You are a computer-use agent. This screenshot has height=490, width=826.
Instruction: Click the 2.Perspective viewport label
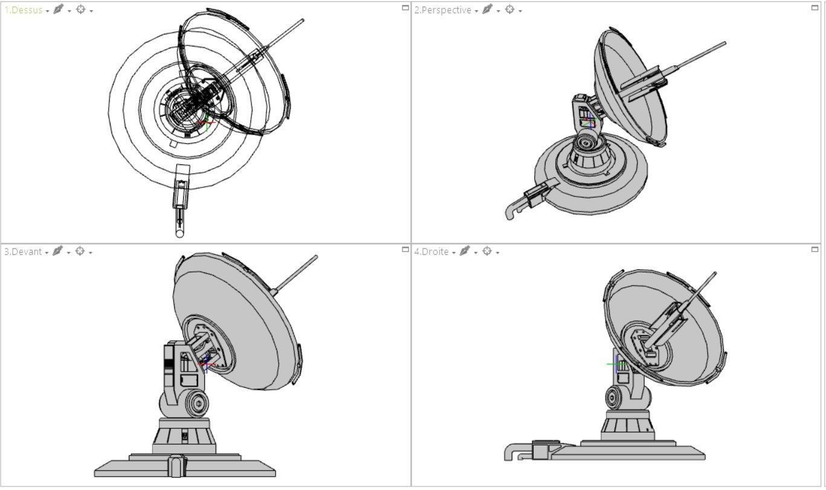[x=442, y=10]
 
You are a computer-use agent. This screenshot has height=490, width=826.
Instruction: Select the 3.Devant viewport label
[x=23, y=252]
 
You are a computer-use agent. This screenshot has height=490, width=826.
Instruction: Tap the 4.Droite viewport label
[x=431, y=252]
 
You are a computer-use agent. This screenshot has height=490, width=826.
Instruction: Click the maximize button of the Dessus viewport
[x=405, y=8]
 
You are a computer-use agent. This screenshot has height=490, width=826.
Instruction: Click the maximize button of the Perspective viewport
[x=815, y=8]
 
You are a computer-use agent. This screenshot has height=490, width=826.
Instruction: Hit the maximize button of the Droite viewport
[x=815, y=250]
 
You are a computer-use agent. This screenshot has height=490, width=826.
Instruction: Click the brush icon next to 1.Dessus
[x=58, y=10]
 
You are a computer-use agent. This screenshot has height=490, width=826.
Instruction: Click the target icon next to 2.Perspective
[x=509, y=10]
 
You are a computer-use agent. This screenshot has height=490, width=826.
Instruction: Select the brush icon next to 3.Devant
[x=57, y=251]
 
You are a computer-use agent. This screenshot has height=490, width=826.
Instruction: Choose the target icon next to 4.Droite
[x=487, y=251]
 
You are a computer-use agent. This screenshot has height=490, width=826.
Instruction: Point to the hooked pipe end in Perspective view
[x=510, y=212]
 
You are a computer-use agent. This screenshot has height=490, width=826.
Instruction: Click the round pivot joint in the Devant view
[x=196, y=402]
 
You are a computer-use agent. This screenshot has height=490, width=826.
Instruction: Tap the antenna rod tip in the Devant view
[x=315, y=258]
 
